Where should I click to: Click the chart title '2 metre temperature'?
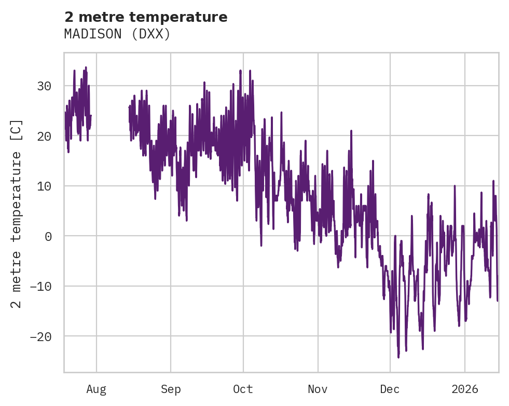tap(146, 17)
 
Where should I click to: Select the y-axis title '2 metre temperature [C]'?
tap(17, 213)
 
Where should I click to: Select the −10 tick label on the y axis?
tap(42, 286)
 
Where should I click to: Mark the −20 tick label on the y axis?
tap(42, 336)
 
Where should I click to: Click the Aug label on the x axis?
tap(97, 389)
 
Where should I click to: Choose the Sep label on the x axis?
tap(171, 389)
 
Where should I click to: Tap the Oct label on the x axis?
tap(243, 389)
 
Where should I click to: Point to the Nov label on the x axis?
tap(318, 389)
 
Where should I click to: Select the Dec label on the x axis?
tap(390, 389)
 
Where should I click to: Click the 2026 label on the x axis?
tap(465, 389)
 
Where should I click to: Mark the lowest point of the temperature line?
tap(398, 358)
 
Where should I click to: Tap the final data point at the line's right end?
tap(498, 301)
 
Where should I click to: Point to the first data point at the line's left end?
tap(65, 113)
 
